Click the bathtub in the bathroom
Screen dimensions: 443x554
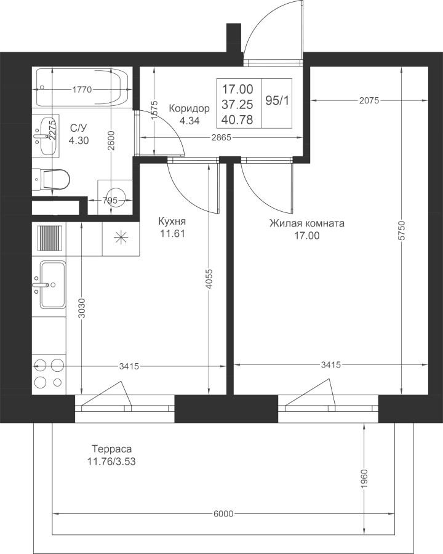click(x=82, y=88)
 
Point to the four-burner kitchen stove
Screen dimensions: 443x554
click(x=49, y=377)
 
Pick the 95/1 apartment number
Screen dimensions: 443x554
click(x=277, y=101)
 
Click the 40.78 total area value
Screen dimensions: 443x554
click(x=237, y=120)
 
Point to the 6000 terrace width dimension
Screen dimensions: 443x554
click(x=223, y=513)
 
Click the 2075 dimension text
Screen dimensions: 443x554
click(x=369, y=101)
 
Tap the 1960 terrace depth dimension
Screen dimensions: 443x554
click(x=365, y=479)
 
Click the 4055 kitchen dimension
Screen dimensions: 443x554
click(x=209, y=280)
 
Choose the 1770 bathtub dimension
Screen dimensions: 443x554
click(x=82, y=90)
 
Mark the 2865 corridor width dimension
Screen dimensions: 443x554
click(x=221, y=137)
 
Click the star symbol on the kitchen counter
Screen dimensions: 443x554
click(x=121, y=237)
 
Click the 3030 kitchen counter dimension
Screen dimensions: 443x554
click(x=82, y=308)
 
